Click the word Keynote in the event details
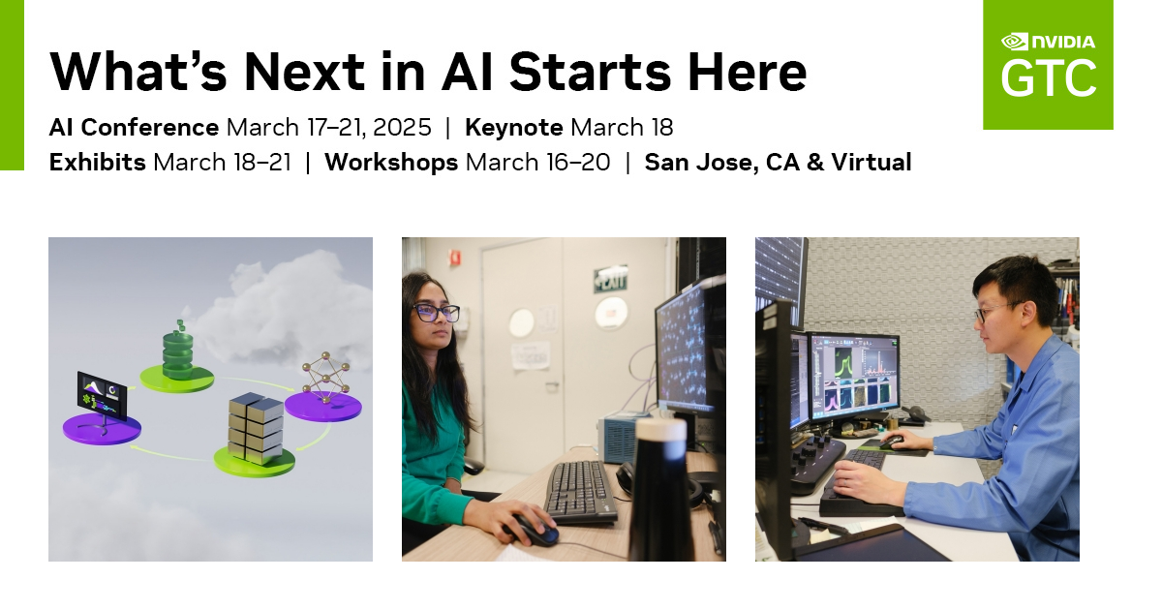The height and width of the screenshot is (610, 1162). pos(513,128)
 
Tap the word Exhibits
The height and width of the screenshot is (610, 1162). pos(97,163)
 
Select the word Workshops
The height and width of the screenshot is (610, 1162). pos(391,163)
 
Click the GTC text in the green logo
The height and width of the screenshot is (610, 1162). pos(1049,79)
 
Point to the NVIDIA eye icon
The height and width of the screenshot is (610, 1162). pos(1014,42)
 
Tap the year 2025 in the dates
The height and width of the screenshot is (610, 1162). pos(401,128)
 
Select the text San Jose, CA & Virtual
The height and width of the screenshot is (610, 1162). pos(778,163)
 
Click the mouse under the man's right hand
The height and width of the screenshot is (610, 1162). pos(894,442)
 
